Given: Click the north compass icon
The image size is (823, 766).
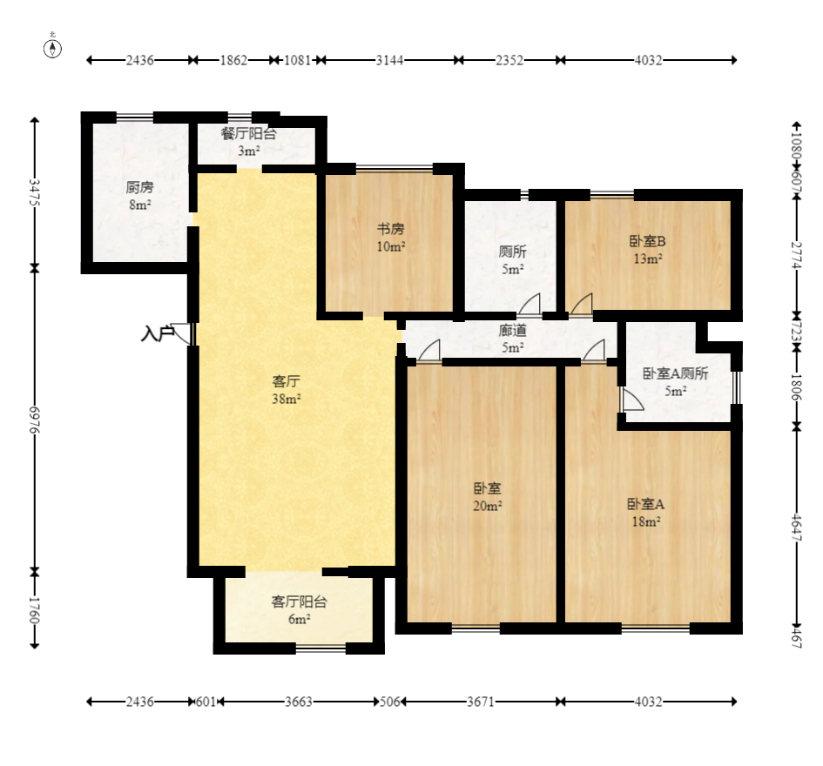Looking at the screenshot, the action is point(52,48).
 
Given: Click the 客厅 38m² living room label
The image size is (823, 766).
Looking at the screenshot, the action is point(286,390).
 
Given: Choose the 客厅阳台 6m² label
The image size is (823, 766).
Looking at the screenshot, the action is point(300,610).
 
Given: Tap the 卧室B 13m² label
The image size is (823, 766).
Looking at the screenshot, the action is point(648,250).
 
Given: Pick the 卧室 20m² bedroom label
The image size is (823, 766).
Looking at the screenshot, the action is point(488,497).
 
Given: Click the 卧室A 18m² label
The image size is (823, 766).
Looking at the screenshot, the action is point(646,513).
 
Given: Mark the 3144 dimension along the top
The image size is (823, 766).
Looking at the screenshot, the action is point(389,60).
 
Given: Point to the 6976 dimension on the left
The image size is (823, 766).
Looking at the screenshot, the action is point(35,419).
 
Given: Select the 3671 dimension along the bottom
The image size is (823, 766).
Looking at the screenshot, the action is point(481,702).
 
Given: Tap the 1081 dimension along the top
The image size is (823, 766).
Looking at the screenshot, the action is point(298,60).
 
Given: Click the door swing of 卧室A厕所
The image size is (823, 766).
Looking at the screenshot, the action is point(632,400).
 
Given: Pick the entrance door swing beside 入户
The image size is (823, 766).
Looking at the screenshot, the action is point(182,333).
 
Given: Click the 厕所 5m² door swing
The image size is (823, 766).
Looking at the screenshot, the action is point(530,305).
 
